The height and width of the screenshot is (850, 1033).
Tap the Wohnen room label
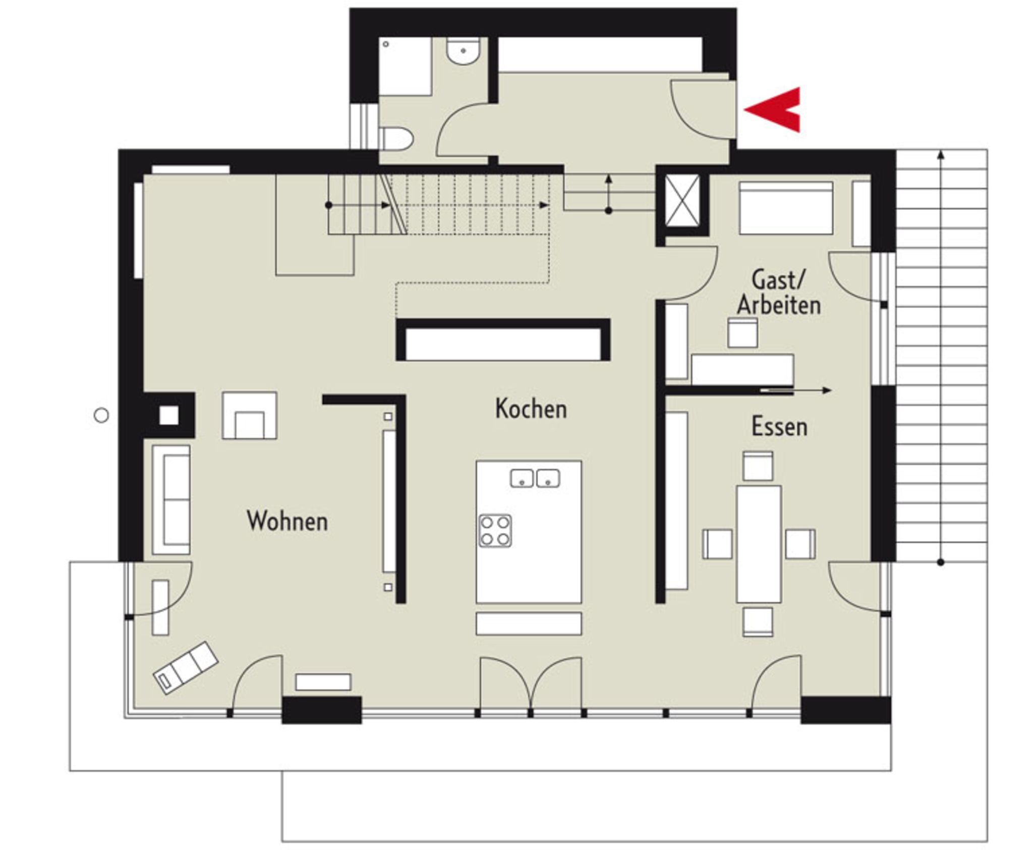pos(287,521)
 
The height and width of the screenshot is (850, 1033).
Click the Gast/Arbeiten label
pos(779,292)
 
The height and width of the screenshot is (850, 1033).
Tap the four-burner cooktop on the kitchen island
pos(495,531)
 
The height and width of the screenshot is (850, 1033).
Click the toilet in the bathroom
pos(396,139)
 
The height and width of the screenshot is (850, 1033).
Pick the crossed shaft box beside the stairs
pos(682,201)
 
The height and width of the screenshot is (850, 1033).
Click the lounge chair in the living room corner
pos(186,668)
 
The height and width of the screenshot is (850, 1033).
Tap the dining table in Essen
pos(759,544)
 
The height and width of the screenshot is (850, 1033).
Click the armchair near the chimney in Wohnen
pos(250,415)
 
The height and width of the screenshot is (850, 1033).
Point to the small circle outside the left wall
pos(101,416)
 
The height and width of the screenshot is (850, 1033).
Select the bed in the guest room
pos(786,208)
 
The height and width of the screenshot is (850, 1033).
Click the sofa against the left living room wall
pos(171,500)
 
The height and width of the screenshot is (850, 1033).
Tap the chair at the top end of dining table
pos(758,466)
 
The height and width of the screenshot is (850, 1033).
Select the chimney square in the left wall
pos(169,416)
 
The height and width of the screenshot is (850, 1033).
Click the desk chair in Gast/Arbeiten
pos(742,332)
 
